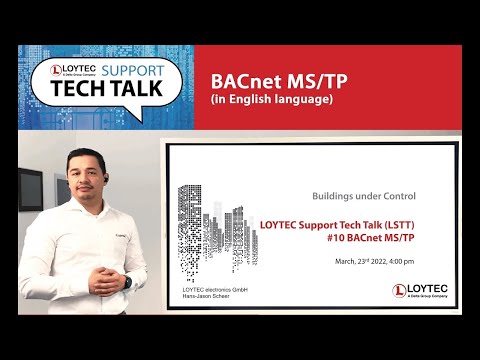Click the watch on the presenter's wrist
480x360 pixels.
tap(127, 282)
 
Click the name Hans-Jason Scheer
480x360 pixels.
tap(206, 297)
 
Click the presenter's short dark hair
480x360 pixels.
tap(83, 154)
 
